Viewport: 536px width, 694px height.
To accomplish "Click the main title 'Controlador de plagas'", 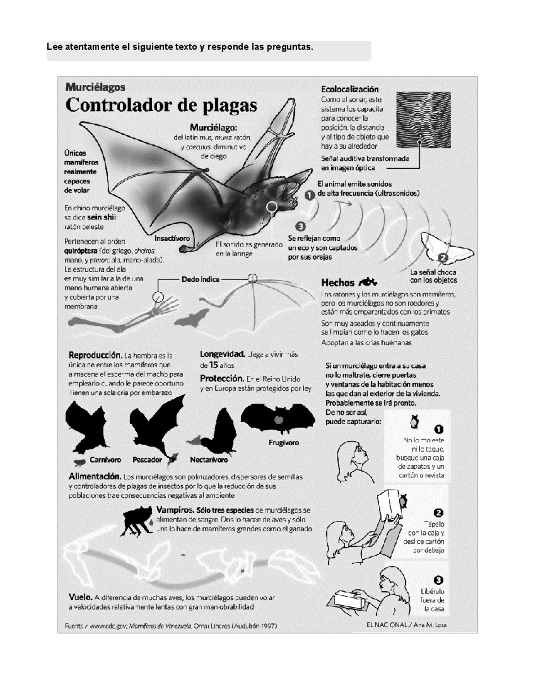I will pos(161,105).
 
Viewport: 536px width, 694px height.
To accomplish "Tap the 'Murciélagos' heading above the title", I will pos(95,87).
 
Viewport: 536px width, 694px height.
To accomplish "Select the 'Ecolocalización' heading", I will pos(349,89).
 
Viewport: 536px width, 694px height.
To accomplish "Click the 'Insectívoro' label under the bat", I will pos(172,238).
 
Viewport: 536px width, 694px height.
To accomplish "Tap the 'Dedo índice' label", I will pos(201,279).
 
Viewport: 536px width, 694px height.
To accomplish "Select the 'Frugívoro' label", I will pos(284,442).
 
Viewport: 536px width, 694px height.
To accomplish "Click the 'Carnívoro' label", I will pos(105,459).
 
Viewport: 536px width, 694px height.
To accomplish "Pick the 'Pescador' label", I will pos(147,459).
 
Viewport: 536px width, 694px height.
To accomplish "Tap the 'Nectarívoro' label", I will pos(209,459).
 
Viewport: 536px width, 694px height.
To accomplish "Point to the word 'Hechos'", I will pos(338,282).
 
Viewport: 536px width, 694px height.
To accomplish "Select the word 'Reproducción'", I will pos(95,355).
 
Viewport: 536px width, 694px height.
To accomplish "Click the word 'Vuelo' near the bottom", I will pos(80,597).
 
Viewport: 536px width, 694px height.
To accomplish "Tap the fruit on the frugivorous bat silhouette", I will pos(278,420).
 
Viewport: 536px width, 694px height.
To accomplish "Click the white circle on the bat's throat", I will pos(272,206).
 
